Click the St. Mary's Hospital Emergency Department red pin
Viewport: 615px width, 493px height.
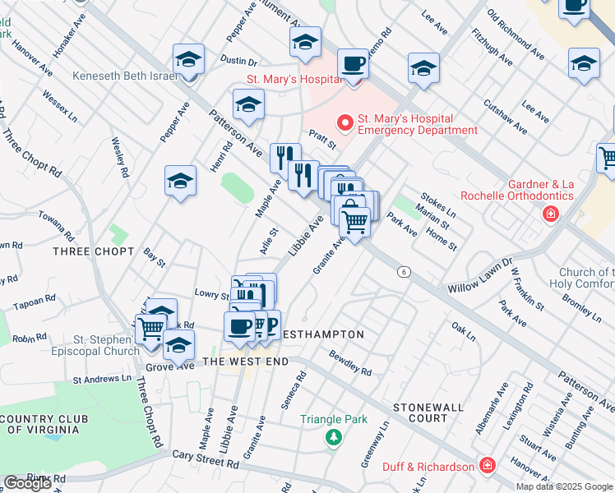tap(345, 122)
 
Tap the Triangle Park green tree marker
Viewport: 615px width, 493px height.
tap(333, 436)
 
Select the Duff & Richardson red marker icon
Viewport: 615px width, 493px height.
tap(488, 466)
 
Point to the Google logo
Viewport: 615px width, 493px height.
tap(27, 483)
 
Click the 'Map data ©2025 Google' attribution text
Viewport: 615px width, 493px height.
tap(564, 486)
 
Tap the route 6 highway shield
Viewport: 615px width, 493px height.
tap(403, 272)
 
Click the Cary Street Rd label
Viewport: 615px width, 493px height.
tap(205, 459)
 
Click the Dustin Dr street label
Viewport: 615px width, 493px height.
tap(239, 61)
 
